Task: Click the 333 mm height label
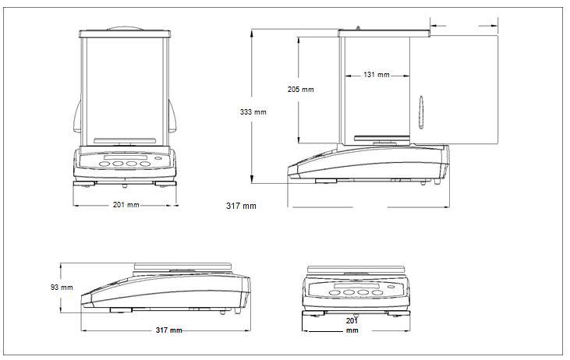coord(253,112)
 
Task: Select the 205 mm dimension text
coord(301,90)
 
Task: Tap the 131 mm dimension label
coord(377,75)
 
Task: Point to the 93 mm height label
coord(62,288)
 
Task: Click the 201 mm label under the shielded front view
coord(126,205)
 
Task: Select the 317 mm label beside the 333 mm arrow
coord(241,206)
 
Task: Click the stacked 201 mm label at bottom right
coord(352,325)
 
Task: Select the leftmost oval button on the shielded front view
coord(104,164)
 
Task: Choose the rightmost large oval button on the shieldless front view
coord(377,293)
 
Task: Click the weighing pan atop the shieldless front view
coord(357,270)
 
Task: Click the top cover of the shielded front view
coord(125,34)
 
